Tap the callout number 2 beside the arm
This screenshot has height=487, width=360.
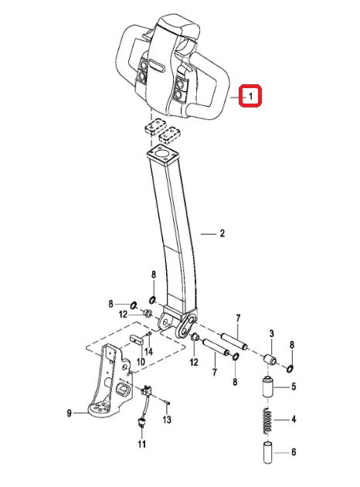(x=221, y=232)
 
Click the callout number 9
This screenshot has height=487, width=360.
(x=69, y=414)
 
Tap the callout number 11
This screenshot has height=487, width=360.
(x=141, y=444)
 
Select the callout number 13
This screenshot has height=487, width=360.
(x=167, y=420)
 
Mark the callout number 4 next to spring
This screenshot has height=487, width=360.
(x=293, y=421)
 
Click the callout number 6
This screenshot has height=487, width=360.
(x=293, y=452)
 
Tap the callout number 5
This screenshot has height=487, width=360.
(x=293, y=387)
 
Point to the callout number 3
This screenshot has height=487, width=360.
(x=272, y=332)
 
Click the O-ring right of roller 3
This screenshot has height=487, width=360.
(x=290, y=367)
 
